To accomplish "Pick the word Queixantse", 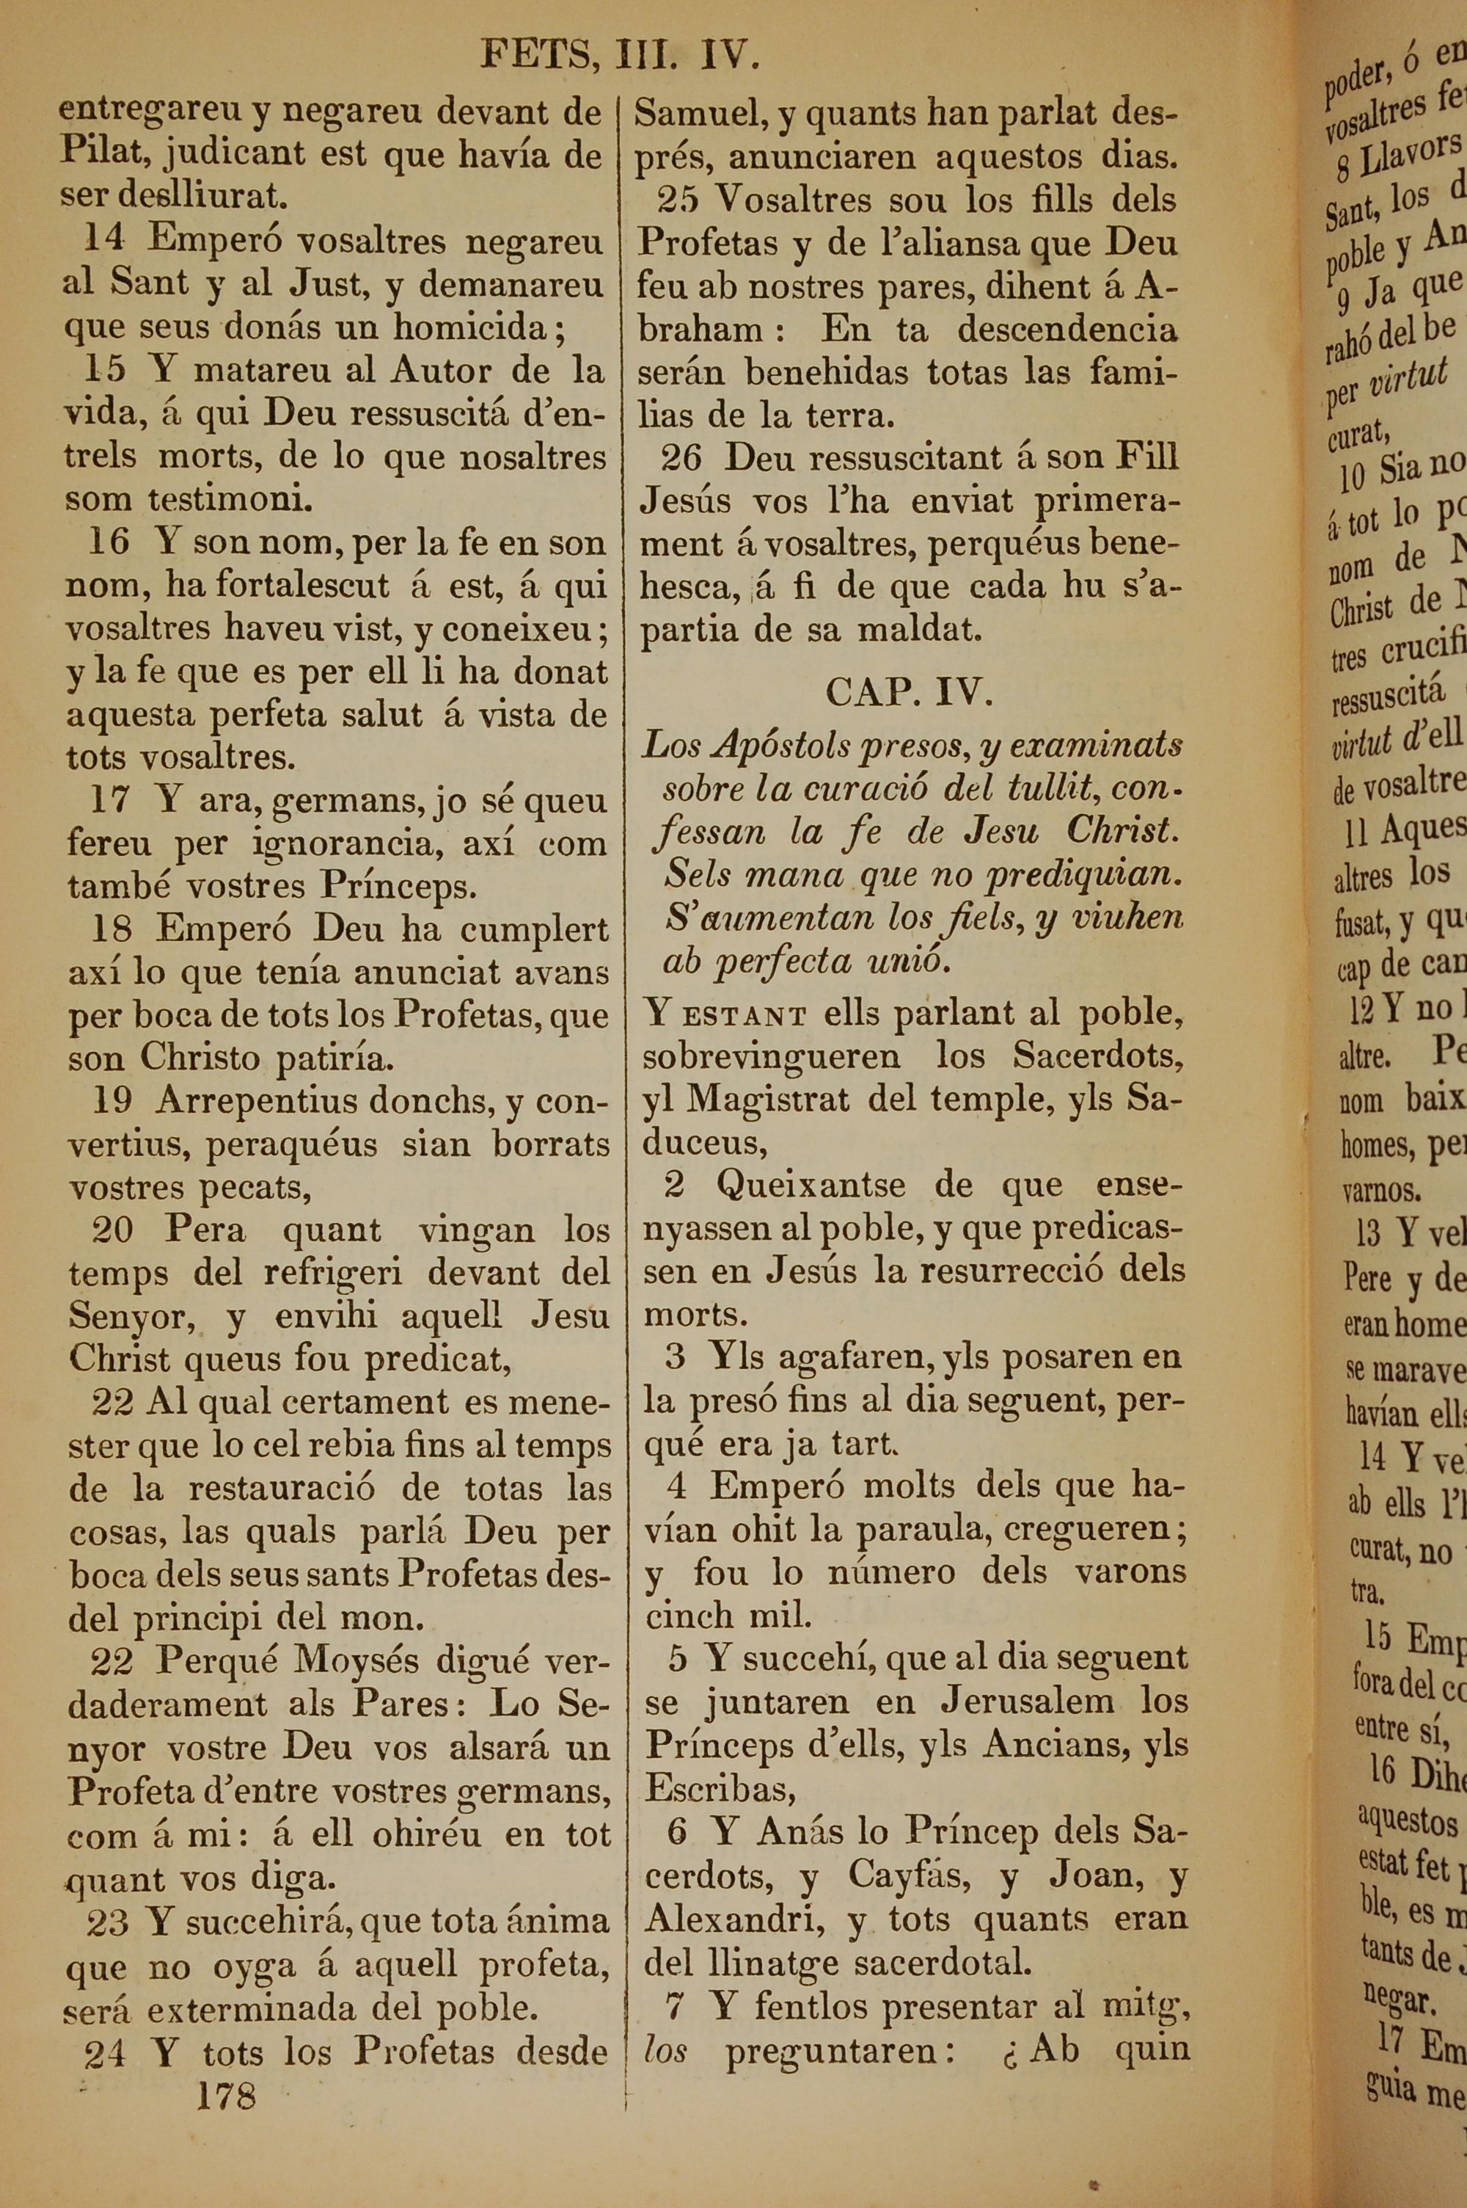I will coord(811,1185).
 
